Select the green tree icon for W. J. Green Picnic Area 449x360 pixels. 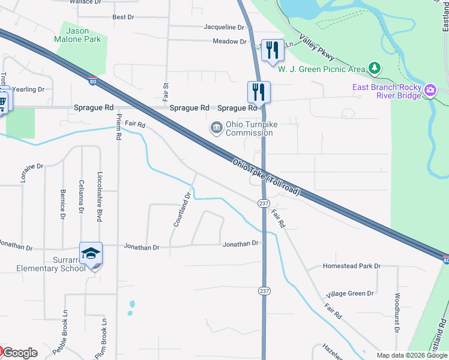(x=375, y=67)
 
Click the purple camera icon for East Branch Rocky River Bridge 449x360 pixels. (x=430, y=91)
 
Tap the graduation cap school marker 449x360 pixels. (x=91, y=254)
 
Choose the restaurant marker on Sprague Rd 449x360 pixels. (x=259, y=92)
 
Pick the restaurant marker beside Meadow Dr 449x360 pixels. (x=273, y=50)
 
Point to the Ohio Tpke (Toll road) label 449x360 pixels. (x=265, y=176)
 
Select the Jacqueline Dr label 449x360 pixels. (x=224, y=28)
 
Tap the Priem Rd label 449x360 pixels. (x=119, y=127)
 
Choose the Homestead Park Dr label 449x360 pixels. (x=352, y=266)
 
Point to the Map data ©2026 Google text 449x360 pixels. (x=411, y=355)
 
